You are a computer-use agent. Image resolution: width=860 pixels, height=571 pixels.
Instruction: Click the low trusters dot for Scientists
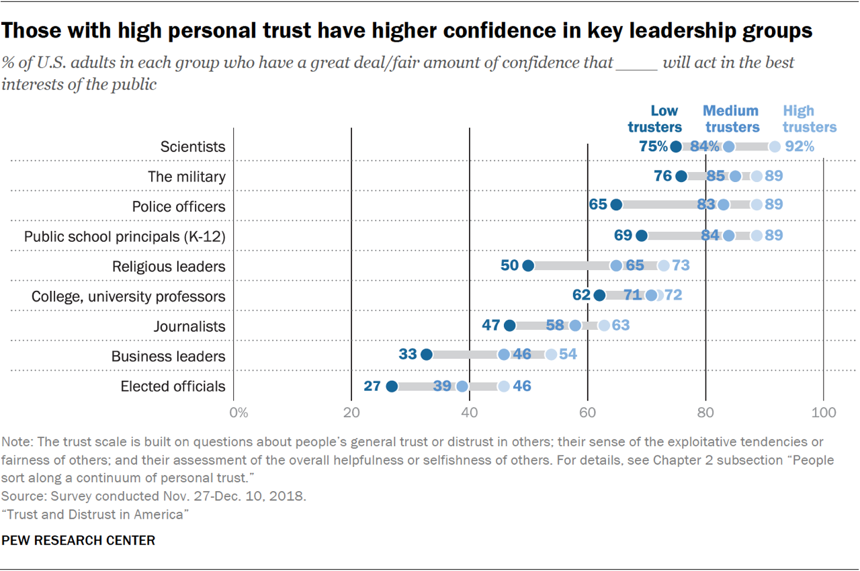(x=676, y=146)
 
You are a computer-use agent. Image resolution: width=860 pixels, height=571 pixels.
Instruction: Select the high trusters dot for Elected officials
(x=504, y=386)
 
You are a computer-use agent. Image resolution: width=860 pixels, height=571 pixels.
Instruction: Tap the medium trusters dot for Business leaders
(x=504, y=355)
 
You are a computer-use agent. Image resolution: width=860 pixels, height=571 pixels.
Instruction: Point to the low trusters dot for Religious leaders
(x=528, y=266)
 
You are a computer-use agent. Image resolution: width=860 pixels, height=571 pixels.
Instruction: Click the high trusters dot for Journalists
(x=604, y=326)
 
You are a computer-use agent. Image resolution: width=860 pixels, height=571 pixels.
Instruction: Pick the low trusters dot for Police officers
(x=616, y=204)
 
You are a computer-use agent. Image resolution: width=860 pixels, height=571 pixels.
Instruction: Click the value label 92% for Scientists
(x=800, y=146)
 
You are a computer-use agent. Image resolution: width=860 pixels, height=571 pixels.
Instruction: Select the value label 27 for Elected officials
(x=372, y=386)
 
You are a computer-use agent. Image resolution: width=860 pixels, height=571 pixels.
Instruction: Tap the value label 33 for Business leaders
(x=407, y=355)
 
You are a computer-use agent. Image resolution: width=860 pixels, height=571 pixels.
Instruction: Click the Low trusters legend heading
(x=655, y=119)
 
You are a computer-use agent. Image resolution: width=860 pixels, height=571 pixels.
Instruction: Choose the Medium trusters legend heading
(x=730, y=119)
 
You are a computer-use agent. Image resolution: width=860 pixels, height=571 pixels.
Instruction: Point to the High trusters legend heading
(x=809, y=119)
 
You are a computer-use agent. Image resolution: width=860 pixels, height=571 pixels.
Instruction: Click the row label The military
(x=187, y=177)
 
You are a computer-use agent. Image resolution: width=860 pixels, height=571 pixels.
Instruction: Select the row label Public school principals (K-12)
(x=125, y=236)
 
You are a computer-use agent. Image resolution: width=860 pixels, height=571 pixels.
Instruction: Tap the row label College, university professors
(x=129, y=296)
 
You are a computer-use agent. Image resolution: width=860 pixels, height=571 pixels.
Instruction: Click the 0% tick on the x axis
(x=239, y=412)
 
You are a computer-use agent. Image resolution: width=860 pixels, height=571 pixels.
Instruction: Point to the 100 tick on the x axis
(x=823, y=412)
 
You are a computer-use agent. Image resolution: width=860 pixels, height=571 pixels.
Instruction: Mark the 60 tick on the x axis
(x=588, y=412)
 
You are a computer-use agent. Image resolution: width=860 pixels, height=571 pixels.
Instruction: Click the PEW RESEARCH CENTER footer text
(x=79, y=540)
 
